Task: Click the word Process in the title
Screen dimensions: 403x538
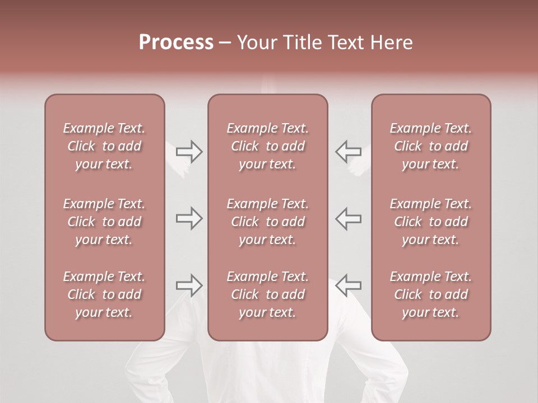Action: [x=176, y=43]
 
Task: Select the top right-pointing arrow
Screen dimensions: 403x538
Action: [x=189, y=151]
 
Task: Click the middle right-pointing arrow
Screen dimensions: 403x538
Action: [x=189, y=218]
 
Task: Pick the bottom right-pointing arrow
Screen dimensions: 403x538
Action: [x=189, y=285]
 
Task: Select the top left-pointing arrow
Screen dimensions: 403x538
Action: [x=348, y=151]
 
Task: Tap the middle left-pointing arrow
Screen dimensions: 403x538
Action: [x=348, y=218]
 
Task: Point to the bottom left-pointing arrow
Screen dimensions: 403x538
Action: [x=348, y=285]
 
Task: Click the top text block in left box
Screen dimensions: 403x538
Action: [x=104, y=146]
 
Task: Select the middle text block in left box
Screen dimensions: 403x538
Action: [x=104, y=222]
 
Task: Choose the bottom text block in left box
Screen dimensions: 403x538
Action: [x=104, y=294]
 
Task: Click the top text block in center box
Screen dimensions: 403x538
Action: [x=268, y=146]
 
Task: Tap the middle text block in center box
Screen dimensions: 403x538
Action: [x=268, y=222]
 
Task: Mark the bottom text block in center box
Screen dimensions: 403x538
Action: [x=268, y=294]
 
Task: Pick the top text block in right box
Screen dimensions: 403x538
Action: [x=431, y=146]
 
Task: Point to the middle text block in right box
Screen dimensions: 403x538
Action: [x=431, y=222]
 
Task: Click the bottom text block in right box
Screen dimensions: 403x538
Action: [x=431, y=294]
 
